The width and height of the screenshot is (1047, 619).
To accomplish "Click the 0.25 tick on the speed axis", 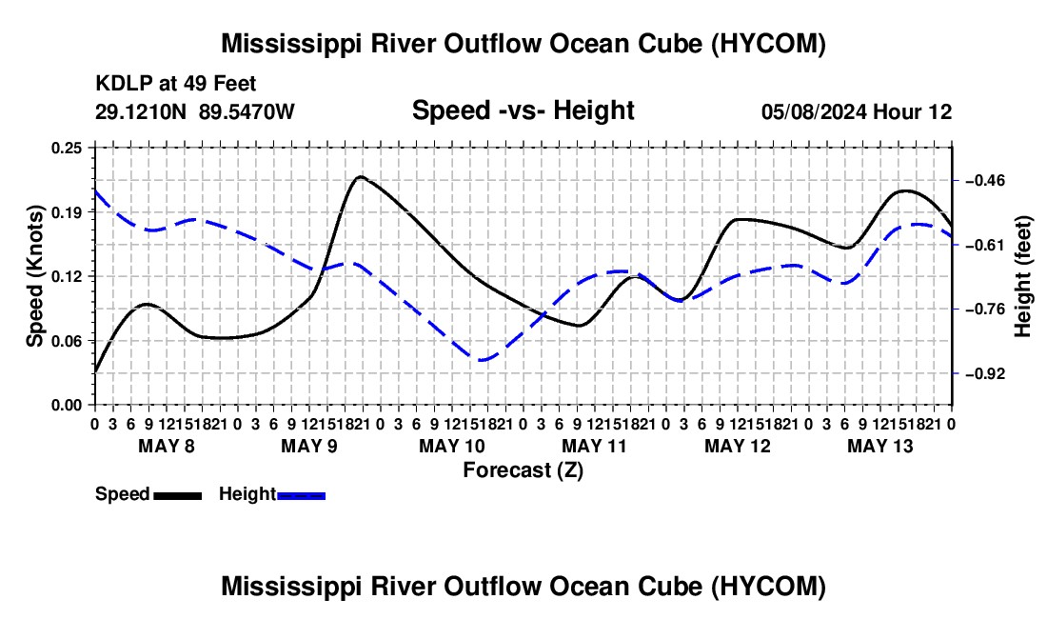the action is tap(66, 148).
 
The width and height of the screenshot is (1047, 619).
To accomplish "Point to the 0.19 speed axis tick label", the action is tap(66, 212).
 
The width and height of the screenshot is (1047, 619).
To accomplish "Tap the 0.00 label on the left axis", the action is tap(66, 406).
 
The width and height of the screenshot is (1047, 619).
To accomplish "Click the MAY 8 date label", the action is tap(167, 446).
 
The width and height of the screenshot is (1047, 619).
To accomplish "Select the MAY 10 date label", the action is tap(452, 446).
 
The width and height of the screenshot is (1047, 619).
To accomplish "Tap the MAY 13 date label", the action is tap(880, 446).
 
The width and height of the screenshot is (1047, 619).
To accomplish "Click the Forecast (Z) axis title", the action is tap(523, 470).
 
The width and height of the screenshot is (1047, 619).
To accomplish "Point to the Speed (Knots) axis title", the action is tap(34, 276).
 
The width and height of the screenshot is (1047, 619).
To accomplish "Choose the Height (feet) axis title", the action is tap(1023, 276).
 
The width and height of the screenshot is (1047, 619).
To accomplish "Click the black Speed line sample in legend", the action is tap(178, 496).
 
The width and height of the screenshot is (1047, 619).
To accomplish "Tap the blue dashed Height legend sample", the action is tap(301, 496).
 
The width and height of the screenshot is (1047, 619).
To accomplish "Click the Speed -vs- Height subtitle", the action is tap(523, 110).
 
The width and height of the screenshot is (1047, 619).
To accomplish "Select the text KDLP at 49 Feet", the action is tap(176, 84).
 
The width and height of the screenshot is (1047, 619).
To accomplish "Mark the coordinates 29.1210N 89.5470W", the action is tap(194, 111).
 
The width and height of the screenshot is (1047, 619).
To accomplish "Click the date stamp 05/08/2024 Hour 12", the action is tap(857, 111).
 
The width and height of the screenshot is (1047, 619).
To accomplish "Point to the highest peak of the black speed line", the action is tap(361, 176).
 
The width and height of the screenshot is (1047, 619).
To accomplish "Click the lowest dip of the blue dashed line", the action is tap(481, 360).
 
